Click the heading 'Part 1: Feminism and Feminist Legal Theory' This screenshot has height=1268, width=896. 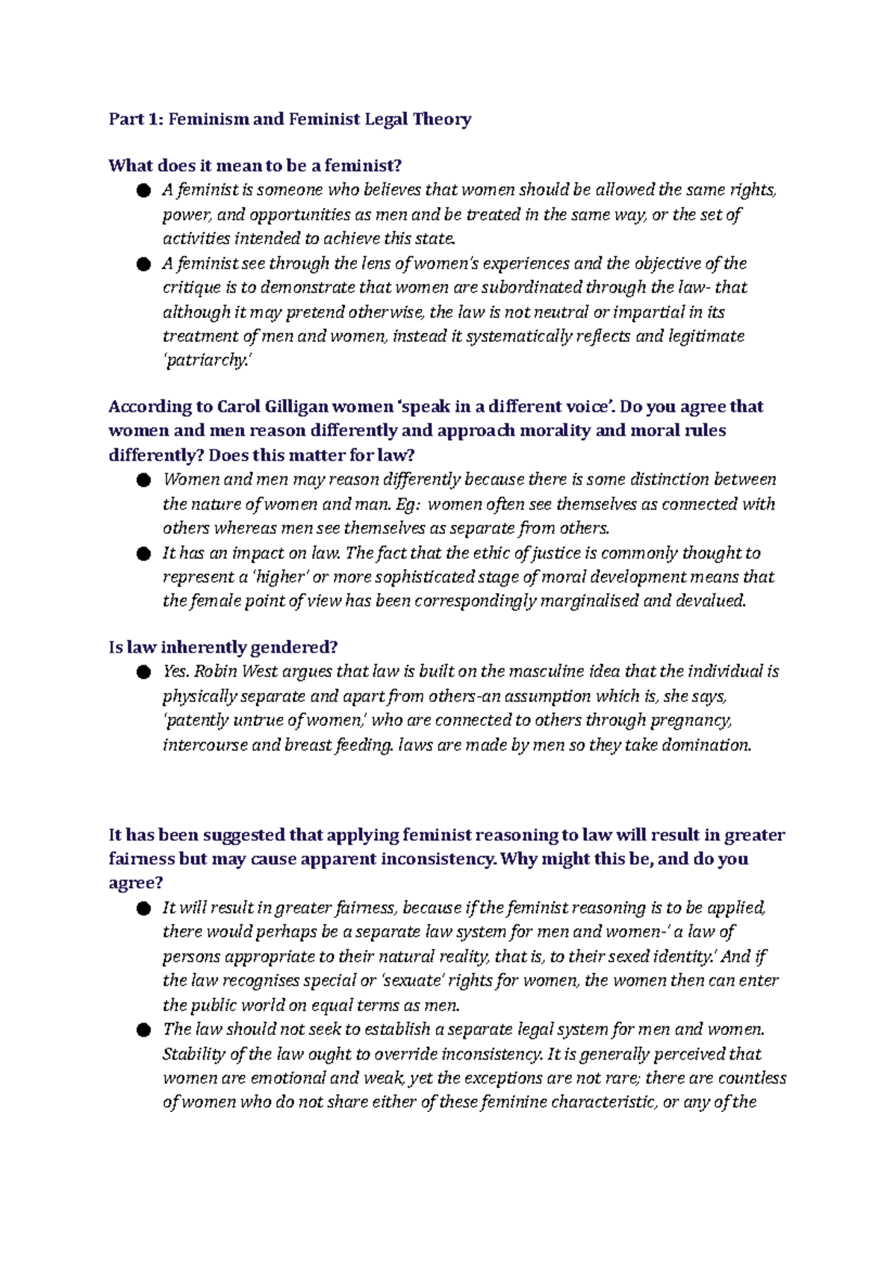[290, 119]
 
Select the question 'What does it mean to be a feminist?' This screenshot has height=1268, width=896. [255, 166]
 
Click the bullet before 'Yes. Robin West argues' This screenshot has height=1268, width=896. [143, 673]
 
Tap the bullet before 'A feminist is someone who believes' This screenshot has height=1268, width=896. [143, 191]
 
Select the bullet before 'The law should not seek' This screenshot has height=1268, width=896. [143, 1031]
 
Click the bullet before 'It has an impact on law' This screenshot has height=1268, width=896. [143, 554]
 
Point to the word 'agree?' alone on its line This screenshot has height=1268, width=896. [136, 883]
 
